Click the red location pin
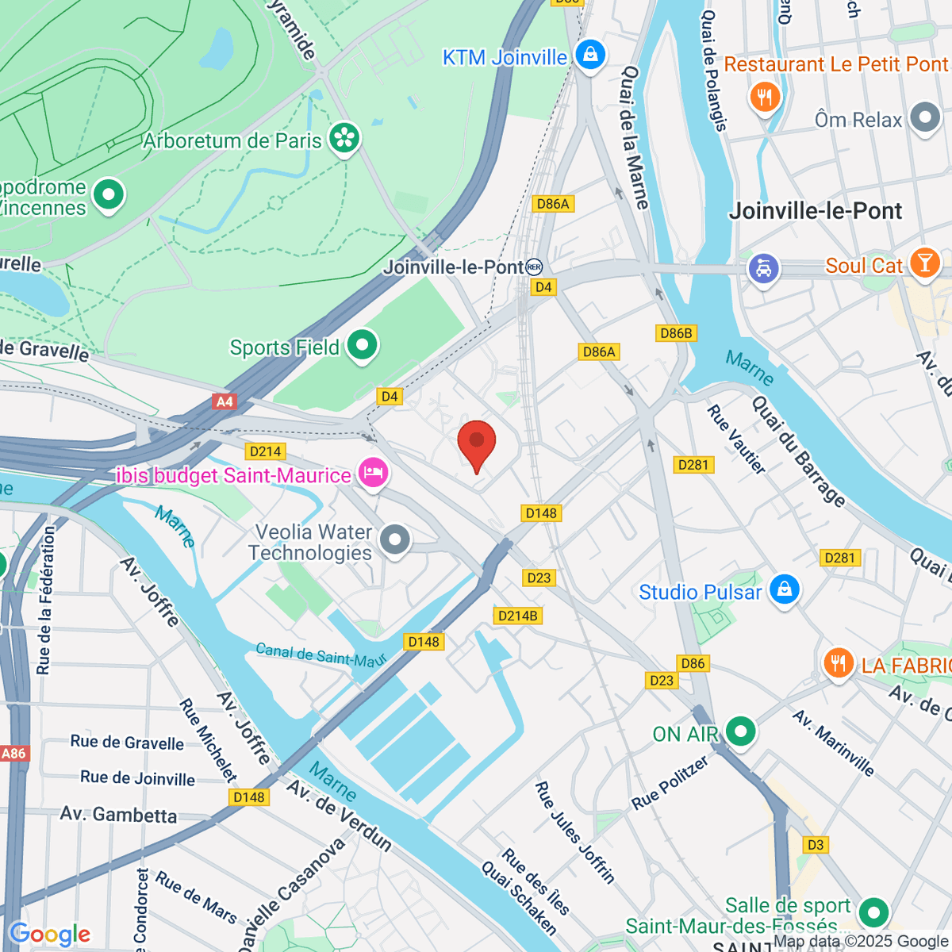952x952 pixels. pyautogui.click(x=477, y=443)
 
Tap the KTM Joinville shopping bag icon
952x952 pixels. pyautogui.click(x=590, y=55)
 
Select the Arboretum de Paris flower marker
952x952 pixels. pyautogui.click(x=344, y=139)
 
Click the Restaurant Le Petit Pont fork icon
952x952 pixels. pyautogui.click(x=765, y=97)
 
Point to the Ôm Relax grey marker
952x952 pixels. pyautogui.click(x=925, y=118)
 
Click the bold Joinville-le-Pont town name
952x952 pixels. pyautogui.click(x=815, y=211)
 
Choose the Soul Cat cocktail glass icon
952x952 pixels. pyautogui.click(x=924, y=263)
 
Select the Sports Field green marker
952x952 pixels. pyautogui.click(x=363, y=345)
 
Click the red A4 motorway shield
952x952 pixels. pyautogui.click(x=225, y=401)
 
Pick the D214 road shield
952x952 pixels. pyautogui.click(x=265, y=451)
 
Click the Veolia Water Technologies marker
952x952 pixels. pyautogui.click(x=394, y=540)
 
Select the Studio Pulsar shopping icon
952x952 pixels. pyautogui.click(x=784, y=590)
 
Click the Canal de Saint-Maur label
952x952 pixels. pyautogui.click(x=321, y=654)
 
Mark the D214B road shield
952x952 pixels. pyautogui.click(x=517, y=616)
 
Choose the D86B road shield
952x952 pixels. pyautogui.click(x=676, y=333)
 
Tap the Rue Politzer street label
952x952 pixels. pyautogui.click(x=670, y=783)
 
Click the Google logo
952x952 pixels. pyautogui.click(x=49, y=935)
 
